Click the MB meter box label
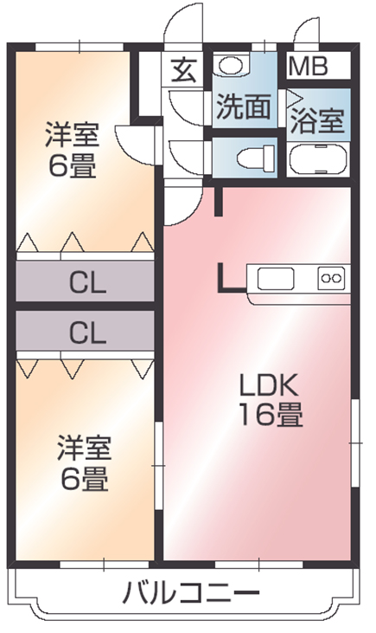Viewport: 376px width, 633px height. [308, 67]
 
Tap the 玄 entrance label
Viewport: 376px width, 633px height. [185, 70]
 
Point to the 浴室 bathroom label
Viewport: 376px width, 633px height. [317, 120]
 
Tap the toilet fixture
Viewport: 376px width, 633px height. [256, 158]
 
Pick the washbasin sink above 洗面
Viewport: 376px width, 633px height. [232, 64]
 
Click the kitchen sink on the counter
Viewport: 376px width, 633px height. [276, 279]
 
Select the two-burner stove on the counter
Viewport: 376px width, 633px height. [331, 278]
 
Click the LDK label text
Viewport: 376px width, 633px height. [269, 386]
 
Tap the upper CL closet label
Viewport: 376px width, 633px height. [87, 282]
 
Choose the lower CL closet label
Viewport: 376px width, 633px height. [87, 333]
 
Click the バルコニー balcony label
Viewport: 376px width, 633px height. [191, 592]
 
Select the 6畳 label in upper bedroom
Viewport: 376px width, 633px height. [73, 165]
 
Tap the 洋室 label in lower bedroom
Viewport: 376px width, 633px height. [84, 448]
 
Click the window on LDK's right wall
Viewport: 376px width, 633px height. [354, 442]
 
